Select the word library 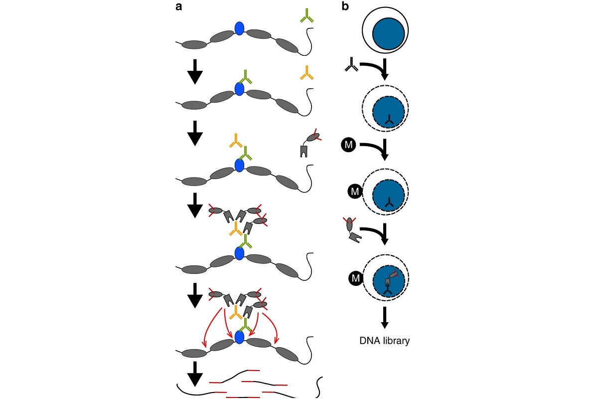[x=395, y=341]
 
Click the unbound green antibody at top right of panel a [x=306, y=17]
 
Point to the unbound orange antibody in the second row [x=306, y=73]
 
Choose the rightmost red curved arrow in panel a [x=271, y=327]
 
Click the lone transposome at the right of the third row [x=308, y=144]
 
